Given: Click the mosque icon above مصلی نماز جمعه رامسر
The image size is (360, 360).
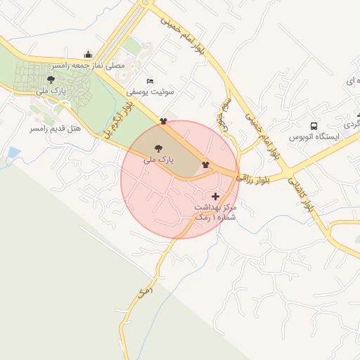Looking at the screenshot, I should click(88, 55).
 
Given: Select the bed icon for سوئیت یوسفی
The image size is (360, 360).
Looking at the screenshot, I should click(149, 82).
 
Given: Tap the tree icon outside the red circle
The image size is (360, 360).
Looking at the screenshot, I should click(50, 79).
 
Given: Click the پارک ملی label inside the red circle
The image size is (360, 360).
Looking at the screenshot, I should click(158, 160).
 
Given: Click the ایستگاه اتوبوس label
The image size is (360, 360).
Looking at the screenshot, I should click(314, 136).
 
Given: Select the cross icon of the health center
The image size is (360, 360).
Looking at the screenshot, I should click(215, 195).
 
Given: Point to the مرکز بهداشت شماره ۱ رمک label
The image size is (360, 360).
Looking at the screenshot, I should click(214, 213).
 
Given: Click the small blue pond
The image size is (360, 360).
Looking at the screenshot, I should click(13, 152).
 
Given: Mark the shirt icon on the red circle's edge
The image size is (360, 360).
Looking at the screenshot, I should click(164, 120).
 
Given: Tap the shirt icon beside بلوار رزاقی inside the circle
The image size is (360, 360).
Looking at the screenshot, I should click(205, 165).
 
